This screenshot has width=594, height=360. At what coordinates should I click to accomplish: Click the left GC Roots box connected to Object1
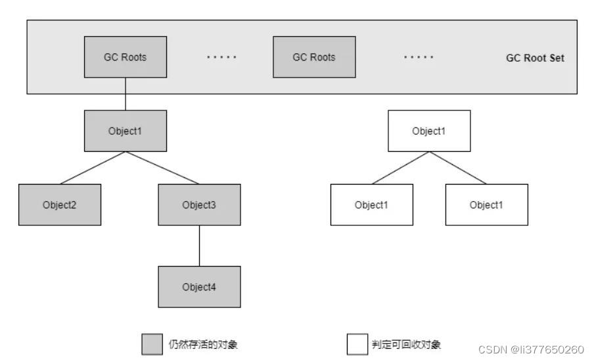click(125, 57)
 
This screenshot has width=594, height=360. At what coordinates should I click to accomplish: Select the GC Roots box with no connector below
click(314, 57)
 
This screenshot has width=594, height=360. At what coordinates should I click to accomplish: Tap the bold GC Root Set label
click(534, 58)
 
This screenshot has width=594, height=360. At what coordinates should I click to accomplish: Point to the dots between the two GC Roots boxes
click(221, 58)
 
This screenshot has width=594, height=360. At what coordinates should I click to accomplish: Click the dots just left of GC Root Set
click(419, 58)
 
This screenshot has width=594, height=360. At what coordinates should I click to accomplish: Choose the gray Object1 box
click(125, 131)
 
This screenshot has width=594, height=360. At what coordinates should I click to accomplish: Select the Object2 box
click(60, 205)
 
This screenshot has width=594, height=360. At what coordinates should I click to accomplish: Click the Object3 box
click(199, 205)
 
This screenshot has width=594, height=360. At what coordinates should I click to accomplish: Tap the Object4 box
click(199, 287)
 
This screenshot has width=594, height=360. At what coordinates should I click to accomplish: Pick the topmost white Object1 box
click(428, 131)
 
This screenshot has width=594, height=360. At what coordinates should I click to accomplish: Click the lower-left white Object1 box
click(371, 205)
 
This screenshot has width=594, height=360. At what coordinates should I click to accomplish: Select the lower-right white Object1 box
click(486, 205)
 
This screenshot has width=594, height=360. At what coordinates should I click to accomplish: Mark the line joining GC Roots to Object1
click(125, 93)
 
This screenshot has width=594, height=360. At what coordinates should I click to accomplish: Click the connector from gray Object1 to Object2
click(92, 168)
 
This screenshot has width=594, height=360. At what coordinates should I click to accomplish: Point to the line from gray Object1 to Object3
click(162, 168)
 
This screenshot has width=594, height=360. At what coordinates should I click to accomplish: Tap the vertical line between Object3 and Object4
click(199, 246)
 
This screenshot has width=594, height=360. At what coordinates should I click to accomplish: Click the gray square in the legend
click(152, 344)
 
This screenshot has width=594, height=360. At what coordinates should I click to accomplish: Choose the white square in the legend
click(357, 344)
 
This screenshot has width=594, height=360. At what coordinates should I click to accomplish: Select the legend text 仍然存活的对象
click(203, 345)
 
